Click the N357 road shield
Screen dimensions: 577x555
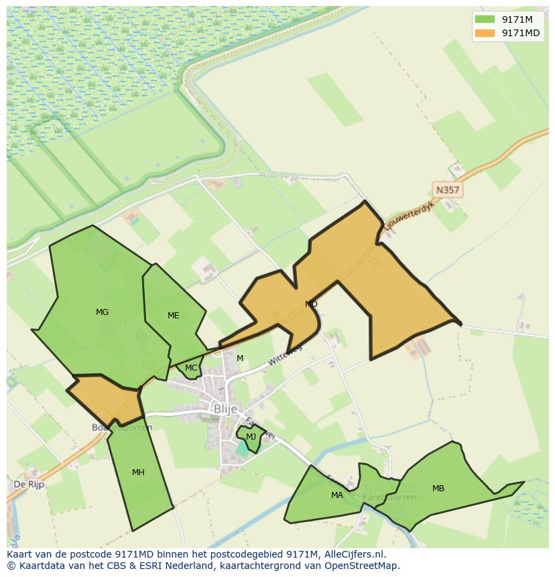(x=447, y=190)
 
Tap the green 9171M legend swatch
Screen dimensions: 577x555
(x=485, y=19)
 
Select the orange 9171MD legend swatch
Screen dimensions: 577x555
(x=485, y=33)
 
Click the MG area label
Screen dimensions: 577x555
(x=102, y=312)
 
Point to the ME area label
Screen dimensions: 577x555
(x=174, y=316)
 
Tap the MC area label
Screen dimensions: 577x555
(x=191, y=368)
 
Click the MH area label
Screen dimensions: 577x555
(x=138, y=472)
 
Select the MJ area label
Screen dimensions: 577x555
(x=251, y=437)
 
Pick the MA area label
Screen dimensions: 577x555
(x=336, y=495)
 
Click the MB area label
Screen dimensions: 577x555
(x=438, y=489)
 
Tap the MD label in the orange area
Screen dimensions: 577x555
(x=311, y=304)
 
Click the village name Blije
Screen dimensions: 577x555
(x=225, y=409)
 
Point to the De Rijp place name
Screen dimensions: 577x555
(x=29, y=484)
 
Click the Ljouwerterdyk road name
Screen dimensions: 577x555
(x=409, y=216)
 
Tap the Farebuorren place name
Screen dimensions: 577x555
(x=389, y=498)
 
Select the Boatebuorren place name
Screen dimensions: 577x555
(x=123, y=428)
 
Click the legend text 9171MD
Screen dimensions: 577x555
(x=521, y=33)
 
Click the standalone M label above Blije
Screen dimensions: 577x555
(x=240, y=359)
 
